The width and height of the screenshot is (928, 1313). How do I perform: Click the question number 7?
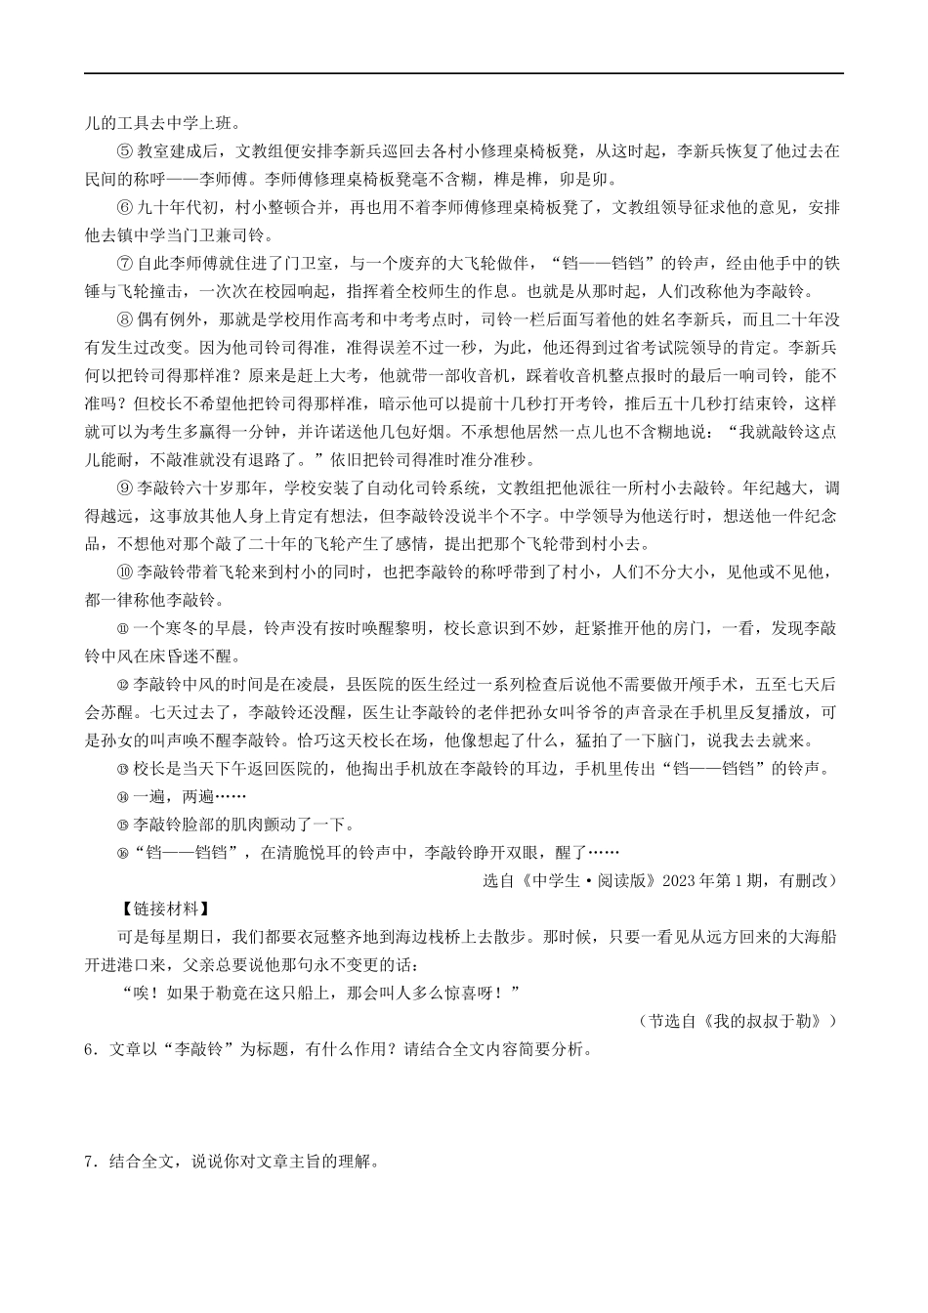click(91, 1163)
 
